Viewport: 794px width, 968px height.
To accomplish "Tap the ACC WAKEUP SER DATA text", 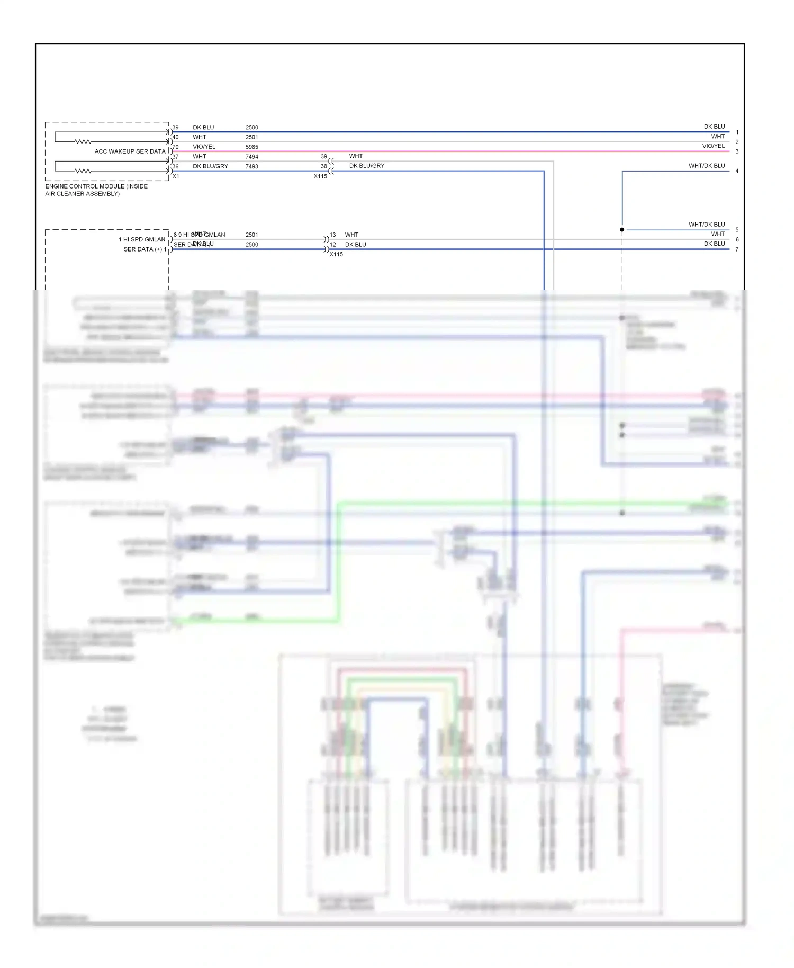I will tap(130, 151).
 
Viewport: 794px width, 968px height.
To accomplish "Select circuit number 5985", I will tap(252, 147).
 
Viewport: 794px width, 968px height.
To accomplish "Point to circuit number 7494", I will tap(252, 157).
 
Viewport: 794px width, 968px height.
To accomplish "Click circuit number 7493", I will tap(252, 166).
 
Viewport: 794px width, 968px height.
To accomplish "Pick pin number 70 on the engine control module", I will tap(176, 147).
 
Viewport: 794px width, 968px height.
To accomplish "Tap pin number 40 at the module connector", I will tap(176, 137).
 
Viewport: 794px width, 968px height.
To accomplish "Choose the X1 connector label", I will tap(176, 176).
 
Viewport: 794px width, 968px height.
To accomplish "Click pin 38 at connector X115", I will tap(323, 166).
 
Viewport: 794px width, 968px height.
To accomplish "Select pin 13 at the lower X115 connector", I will tap(332, 235).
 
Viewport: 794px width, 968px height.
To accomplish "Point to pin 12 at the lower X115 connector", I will tap(332, 245).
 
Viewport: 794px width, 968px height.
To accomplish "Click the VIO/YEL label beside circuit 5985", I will tap(204, 147).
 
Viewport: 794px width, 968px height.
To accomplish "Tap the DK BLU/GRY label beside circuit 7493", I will tap(210, 166).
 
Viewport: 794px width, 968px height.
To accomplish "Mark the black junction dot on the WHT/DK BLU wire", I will tap(622, 230).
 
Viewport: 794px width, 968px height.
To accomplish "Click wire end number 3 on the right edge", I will tap(737, 151).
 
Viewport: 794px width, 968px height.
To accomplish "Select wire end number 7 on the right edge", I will tap(737, 249).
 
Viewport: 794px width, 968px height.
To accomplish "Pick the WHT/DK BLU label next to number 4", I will tap(707, 166).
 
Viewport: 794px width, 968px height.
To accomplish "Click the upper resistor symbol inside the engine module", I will tap(83, 142).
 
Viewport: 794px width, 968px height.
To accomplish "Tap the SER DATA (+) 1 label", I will tap(145, 249).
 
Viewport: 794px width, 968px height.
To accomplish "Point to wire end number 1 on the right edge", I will tap(737, 132).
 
